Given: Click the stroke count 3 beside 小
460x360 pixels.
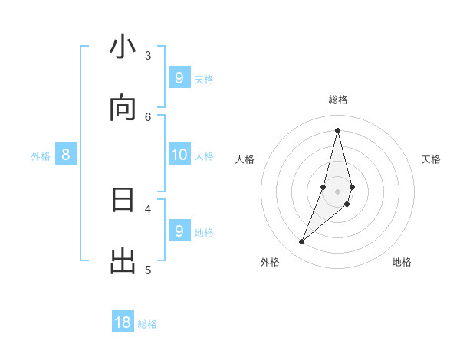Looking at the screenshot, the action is [x=148, y=55].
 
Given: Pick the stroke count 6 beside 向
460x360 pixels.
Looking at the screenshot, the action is [x=148, y=116].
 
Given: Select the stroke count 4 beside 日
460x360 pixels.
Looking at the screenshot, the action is [x=148, y=208].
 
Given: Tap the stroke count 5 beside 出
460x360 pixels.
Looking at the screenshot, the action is [x=148, y=270].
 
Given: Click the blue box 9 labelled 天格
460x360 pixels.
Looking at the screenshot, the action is [x=179, y=78].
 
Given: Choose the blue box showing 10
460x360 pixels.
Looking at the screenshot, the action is [x=179, y=155].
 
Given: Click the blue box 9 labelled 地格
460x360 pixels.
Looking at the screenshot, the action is [x=179, y=231].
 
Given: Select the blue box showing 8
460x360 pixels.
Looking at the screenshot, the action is [x=66, y=155].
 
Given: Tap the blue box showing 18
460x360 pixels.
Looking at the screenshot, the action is [x=123, y=322].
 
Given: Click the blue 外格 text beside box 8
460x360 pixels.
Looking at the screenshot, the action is [x=41, y=156].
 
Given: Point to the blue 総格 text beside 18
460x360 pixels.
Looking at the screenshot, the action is [x=147, y=324].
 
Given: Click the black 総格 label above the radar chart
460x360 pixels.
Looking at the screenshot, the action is [x=338, y=100].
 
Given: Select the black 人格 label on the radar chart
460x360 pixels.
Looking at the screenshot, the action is [x=245, y=159].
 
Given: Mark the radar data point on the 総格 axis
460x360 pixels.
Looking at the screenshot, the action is [x=337, y=130].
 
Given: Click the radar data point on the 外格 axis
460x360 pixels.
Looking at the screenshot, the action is [x=301, y=242].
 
